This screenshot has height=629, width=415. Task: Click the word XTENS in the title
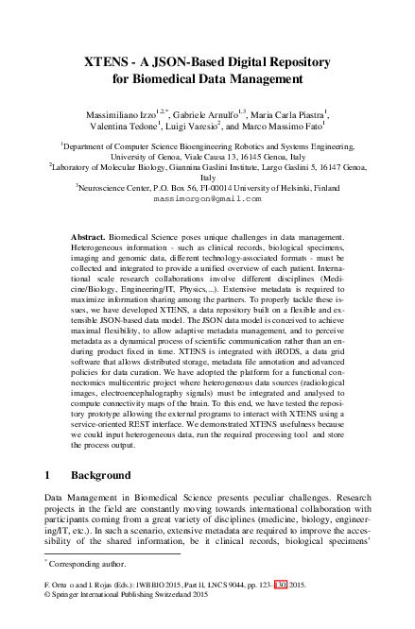coord(107,61)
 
